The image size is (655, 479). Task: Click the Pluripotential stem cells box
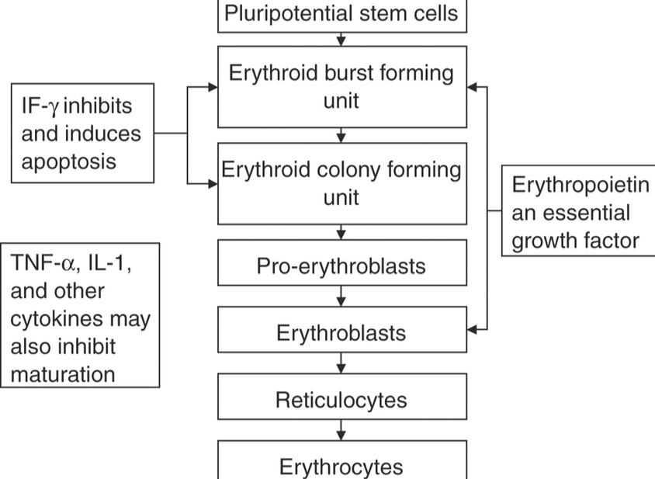[342, 14]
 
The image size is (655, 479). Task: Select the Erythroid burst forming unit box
[342, 86]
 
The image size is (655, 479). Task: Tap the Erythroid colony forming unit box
[342, 183]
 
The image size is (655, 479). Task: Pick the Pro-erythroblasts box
[342, 266]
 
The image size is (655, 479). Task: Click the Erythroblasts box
[342, 333]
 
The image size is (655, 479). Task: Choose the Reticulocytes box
[342, 400]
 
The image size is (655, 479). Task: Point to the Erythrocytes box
[342, 466]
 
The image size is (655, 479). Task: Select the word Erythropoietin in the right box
[580, 185]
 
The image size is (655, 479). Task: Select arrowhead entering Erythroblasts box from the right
[473, 329]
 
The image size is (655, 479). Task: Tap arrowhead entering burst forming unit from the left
[213, 87]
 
